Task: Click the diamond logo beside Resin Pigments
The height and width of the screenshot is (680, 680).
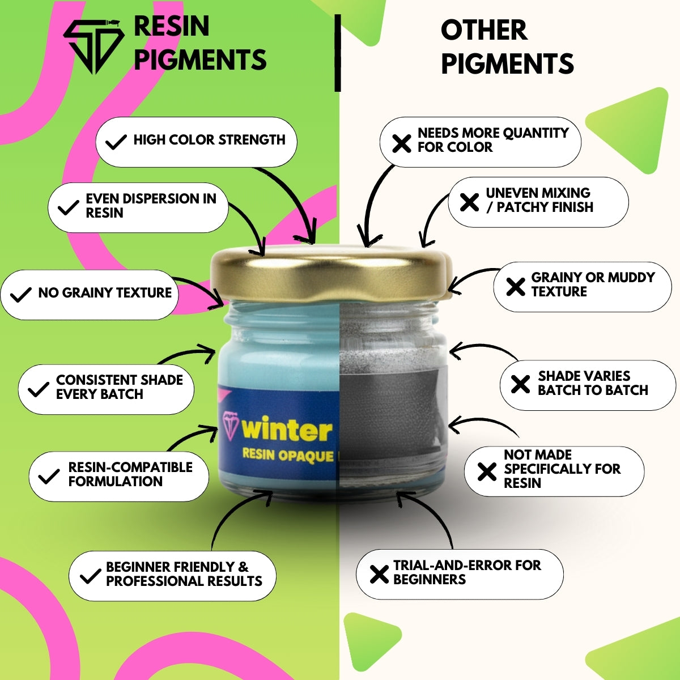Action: (x=93, y=46)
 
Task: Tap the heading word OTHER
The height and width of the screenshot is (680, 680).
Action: (x=484, y=31)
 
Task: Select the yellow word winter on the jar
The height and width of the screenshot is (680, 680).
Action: (x=287, y=429)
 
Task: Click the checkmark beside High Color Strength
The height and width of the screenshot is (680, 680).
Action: (x=116, y=142)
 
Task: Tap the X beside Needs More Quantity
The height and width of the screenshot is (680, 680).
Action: (x=402, y=143)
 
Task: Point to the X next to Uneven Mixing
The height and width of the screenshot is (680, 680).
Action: (x=469, y=202)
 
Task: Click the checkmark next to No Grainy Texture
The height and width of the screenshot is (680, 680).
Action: (x=21, y=295)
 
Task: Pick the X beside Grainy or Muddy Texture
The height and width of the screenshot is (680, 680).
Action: (x=516, y=287)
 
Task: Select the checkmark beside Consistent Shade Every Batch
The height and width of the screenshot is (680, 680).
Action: (x=39, y=389)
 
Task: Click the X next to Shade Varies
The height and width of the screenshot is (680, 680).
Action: (x=521, y=384)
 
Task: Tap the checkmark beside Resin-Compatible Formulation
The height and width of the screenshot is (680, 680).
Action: (x=49, y=477)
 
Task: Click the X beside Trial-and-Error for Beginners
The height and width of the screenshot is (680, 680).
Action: (x=379, y=574)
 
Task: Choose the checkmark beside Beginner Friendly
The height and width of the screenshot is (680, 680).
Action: (x=91, y=576)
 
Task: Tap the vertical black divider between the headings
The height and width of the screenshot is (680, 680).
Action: (x=338, y=53)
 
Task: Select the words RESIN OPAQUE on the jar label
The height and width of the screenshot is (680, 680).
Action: (x=288, y=455)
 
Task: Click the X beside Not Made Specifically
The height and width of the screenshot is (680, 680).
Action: (x=487, y=471)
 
